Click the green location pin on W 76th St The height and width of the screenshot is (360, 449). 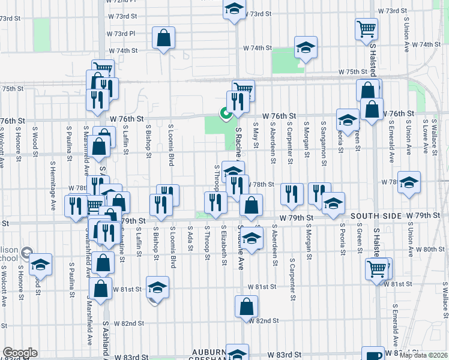click(x=226, y=113)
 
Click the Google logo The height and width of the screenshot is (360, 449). click(x=20, y=353)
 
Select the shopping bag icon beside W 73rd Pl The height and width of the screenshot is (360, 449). click(x=163, y=38)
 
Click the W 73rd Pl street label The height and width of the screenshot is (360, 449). click(x=132, y=34)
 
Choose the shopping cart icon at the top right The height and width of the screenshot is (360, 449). click(x=366, y=28)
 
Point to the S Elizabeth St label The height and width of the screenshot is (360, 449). click(x=224, y=245)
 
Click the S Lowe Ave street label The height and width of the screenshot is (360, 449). click(x=425, y=136)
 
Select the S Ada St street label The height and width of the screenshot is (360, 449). click(x=190, y=239)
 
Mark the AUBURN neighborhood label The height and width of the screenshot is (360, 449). click(x=209, y=352)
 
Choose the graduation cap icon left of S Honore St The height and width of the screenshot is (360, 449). click(x=41, y=263)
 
